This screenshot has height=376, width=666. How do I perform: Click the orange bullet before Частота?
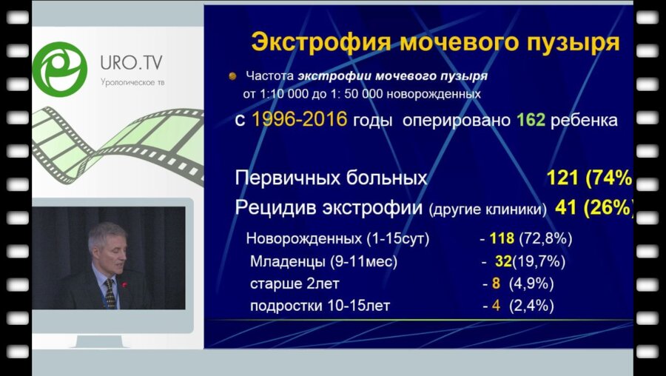pos(232,75)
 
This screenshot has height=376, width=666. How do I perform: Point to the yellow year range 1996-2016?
pos(300,120)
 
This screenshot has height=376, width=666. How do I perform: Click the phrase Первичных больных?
pos(331,178)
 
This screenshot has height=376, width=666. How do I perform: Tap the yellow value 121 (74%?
pos(588,178)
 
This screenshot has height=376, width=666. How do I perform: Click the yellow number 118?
pos(503,239)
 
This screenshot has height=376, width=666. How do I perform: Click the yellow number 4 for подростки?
pos(496,305)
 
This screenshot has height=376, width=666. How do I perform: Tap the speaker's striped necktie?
pos(110,293)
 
